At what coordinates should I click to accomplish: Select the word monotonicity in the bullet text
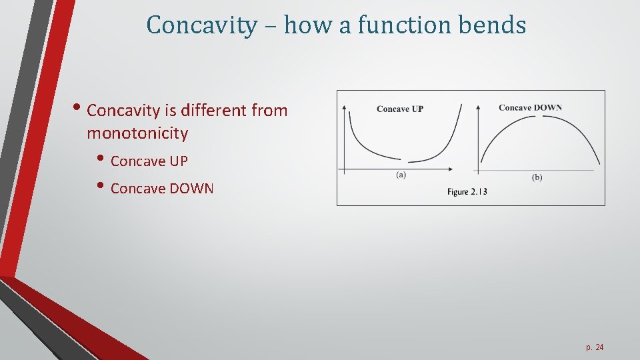[x=137, y=133]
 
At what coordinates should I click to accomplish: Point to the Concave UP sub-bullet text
[x=149, y=161]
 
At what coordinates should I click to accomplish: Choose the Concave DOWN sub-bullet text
[x=162, y=189]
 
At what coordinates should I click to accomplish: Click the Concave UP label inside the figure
[x=400, y=109]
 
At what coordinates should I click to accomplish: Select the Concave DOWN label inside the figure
[x=530, y=108]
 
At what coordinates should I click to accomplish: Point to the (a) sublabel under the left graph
[x=401, y=175]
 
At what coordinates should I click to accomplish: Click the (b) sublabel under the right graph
[x=537, y=177]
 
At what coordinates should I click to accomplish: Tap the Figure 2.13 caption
[x=467, y=192]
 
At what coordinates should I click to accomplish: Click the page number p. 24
[x=595, y=348]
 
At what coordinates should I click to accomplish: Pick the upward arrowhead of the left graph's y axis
[x=344, y=106]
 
